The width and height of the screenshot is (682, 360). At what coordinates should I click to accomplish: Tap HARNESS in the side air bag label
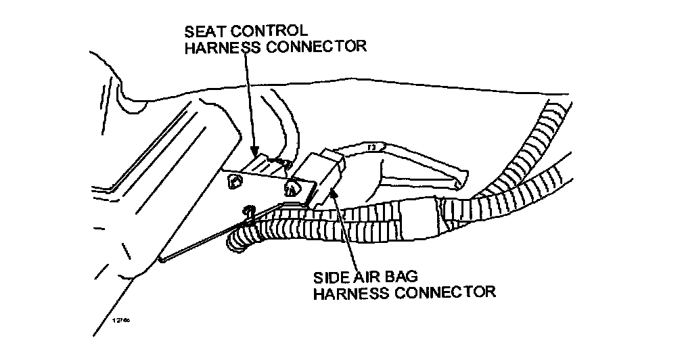click(352, 292)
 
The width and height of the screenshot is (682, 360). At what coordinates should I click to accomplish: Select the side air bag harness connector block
click(324, 172)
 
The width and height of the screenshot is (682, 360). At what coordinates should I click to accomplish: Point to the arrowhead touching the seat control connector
click(255, 150)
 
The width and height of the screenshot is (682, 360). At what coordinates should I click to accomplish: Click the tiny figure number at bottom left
click(120, 317)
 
